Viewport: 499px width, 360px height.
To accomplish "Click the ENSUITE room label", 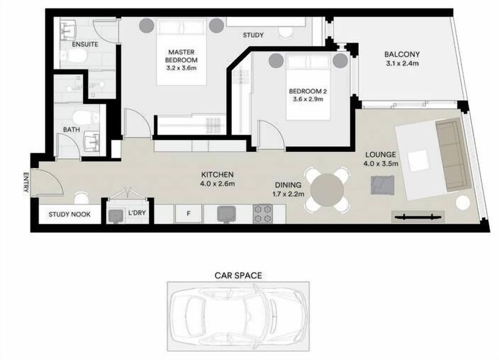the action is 85,45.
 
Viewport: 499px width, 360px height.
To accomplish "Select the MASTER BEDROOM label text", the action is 181,56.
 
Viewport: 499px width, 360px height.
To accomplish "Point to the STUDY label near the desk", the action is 253,35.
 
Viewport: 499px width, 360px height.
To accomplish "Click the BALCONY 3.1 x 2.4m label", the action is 402,59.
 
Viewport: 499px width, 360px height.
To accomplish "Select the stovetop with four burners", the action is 263,214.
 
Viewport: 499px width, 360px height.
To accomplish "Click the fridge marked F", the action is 188,214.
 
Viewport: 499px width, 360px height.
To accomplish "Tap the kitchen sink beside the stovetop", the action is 226,214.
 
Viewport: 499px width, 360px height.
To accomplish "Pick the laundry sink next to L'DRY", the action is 115,215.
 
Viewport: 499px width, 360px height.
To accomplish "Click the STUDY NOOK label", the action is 69,215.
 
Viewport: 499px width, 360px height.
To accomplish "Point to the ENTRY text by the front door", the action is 26,182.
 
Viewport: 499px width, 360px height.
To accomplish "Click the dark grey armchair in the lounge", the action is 383,185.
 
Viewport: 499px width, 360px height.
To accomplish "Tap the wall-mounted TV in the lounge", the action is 418,217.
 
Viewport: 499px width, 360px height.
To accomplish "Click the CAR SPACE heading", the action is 239,275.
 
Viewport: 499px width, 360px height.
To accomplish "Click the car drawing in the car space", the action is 239,316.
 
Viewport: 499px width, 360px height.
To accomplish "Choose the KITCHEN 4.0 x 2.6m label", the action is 218,179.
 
